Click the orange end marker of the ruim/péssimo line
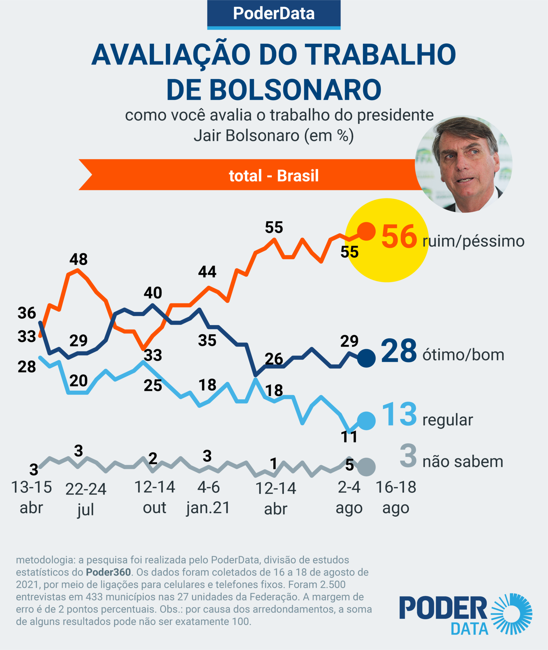(366, 231)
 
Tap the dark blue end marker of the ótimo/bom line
(366, 358)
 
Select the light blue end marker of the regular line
(366, 421)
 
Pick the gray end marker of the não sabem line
(366, 467)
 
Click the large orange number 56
(399, 236)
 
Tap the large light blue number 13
(399, 414)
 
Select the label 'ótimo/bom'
(463, 355)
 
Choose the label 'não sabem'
(463, 462)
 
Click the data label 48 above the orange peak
(78, 259)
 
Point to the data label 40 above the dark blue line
(153, 293)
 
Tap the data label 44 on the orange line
(207, 272)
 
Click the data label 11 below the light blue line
(349, 437)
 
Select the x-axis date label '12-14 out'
(155, 497)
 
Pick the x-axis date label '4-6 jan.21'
(208, 497)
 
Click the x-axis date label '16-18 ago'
(396, 497)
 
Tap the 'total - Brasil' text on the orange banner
(274, 176)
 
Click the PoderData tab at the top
(274, 14)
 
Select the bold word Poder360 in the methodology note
(108, 572)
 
